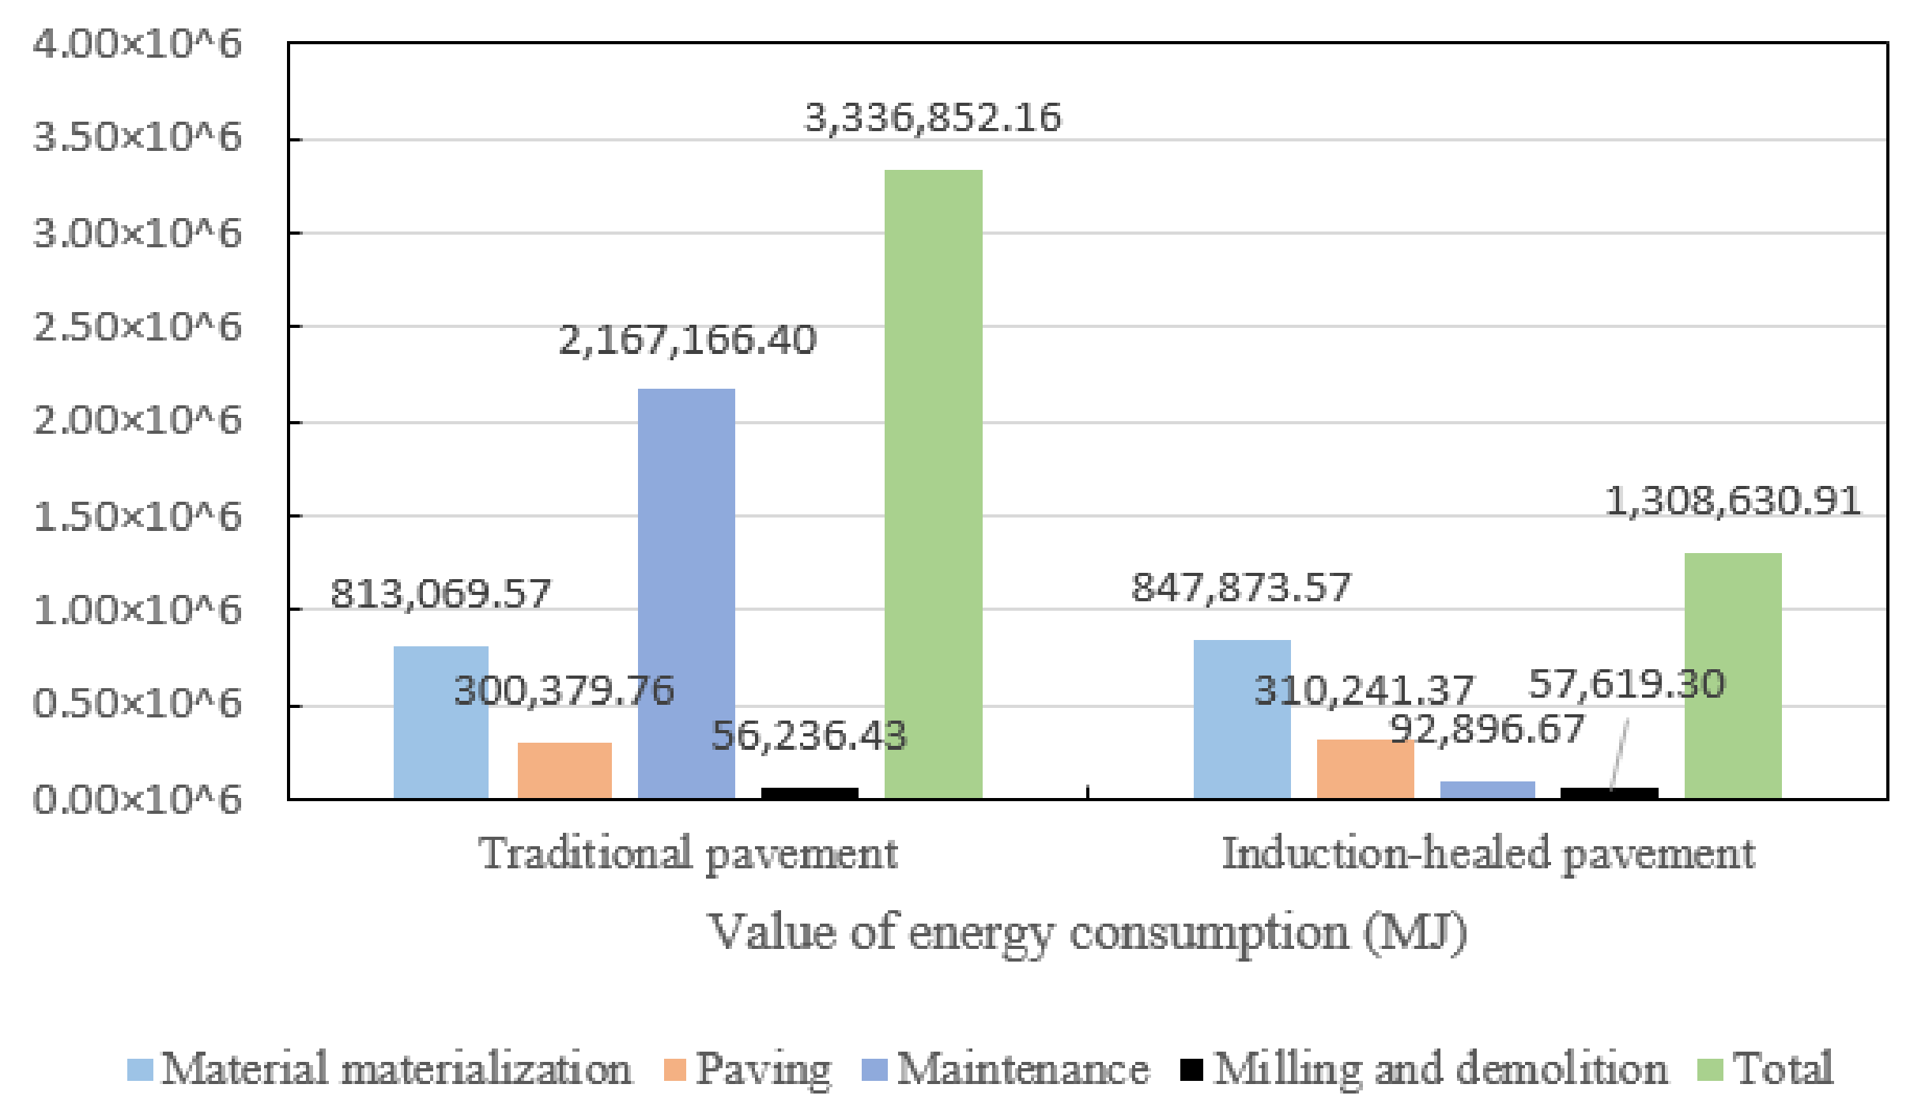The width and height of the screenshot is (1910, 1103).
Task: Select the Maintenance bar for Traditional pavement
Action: (686, 593)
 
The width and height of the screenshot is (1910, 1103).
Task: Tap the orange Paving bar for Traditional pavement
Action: (564, 770)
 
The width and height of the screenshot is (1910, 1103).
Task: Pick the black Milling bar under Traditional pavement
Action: (810, 792)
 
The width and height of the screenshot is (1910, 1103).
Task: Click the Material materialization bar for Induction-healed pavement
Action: (1242, 719)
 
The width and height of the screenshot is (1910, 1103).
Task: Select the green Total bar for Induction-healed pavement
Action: (1733, 676)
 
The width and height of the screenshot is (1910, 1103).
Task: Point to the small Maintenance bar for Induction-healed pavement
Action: (1487, 789)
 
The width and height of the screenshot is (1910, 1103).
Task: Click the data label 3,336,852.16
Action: (933, 118)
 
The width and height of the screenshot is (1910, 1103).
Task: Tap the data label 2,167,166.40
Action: (687, 341)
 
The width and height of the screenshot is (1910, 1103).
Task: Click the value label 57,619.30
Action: (1626, 684)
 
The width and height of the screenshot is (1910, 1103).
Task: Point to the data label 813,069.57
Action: (440, 594)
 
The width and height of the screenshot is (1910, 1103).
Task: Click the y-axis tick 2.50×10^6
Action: (137, 327)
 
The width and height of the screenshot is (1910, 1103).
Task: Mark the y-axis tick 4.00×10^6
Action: (137, 43)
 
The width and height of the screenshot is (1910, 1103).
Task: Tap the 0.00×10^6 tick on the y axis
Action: (137, 800)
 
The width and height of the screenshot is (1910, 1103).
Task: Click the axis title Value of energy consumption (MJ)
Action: (1088, 932)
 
